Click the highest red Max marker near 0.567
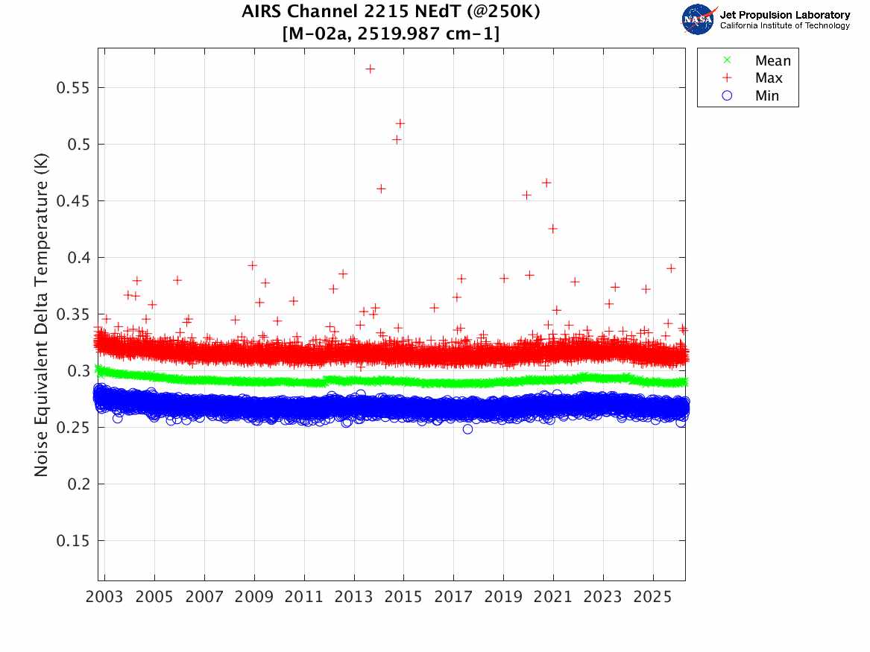tap(370, 69)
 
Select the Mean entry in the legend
tap(772, 60)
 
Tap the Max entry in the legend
tap(768, 78)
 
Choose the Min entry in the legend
tap(766, 96)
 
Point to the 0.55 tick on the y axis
tap(72, 87)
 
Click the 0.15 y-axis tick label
tap(72, 541)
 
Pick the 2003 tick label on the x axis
tap(105, 598)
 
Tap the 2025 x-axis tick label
tap(653, 598)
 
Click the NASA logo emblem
tap(699, 19)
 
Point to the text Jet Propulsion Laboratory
tap(784, 14)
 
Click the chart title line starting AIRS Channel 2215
tap(391, 13)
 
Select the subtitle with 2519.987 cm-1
tap(391, 34)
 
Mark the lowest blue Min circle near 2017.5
tap(467, 429)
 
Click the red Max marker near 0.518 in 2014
tap(400, 123)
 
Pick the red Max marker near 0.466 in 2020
tap(546, 183)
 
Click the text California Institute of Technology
tap(784, 26)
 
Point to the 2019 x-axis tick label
tap(504, 598)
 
